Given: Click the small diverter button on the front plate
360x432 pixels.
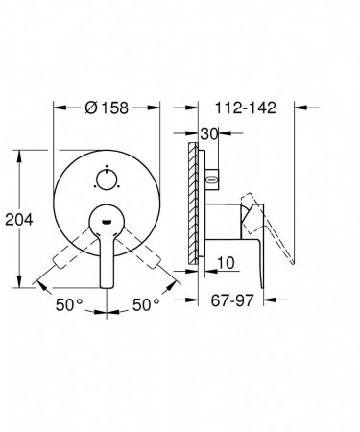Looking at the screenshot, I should [x=108, y=152].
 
